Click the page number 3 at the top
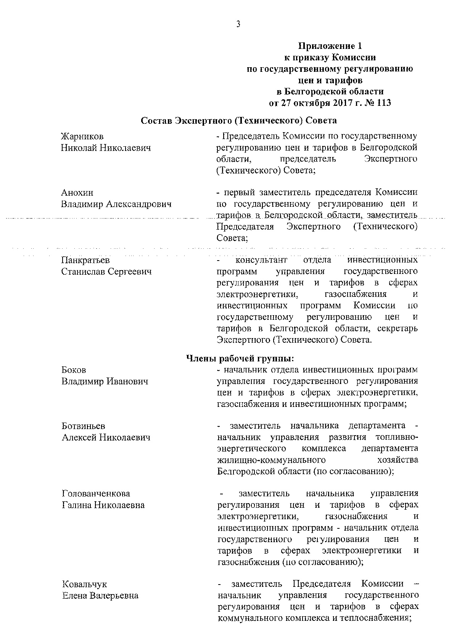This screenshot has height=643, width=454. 238,24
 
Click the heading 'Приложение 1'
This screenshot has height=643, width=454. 330,46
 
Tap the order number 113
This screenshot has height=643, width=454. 383,103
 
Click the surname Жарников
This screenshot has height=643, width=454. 82,136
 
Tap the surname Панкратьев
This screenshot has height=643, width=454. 85,260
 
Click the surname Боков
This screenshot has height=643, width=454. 74,370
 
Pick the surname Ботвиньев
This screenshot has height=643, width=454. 83,426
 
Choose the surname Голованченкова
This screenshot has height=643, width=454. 96,494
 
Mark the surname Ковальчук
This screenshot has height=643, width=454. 84,584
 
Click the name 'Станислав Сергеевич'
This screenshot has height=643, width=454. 106,272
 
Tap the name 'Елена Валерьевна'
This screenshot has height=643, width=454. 100,596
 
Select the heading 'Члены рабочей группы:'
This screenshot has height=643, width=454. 240,358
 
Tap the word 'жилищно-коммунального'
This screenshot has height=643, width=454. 271,460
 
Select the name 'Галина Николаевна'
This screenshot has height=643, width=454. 103,505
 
